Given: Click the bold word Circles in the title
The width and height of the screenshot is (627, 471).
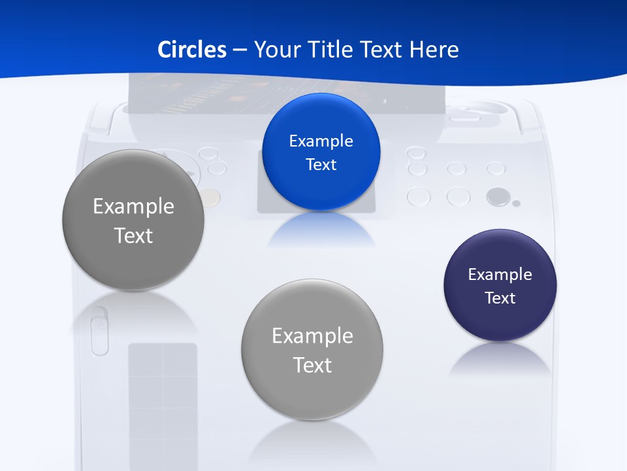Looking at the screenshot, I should [192, 50].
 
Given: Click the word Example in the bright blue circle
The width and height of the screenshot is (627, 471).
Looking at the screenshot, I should [321, 141].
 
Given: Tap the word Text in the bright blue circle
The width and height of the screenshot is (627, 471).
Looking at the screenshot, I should [321, 165].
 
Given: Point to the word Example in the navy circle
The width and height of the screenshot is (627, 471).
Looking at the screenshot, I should [500, 275].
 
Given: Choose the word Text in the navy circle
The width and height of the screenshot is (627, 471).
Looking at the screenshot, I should [500, 298].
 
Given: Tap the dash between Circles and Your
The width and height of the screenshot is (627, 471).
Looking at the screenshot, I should [239, 50].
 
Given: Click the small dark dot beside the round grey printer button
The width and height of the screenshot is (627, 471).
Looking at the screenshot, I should [516, 203].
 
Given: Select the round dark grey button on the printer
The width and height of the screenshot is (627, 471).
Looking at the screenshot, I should [498, 196].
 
